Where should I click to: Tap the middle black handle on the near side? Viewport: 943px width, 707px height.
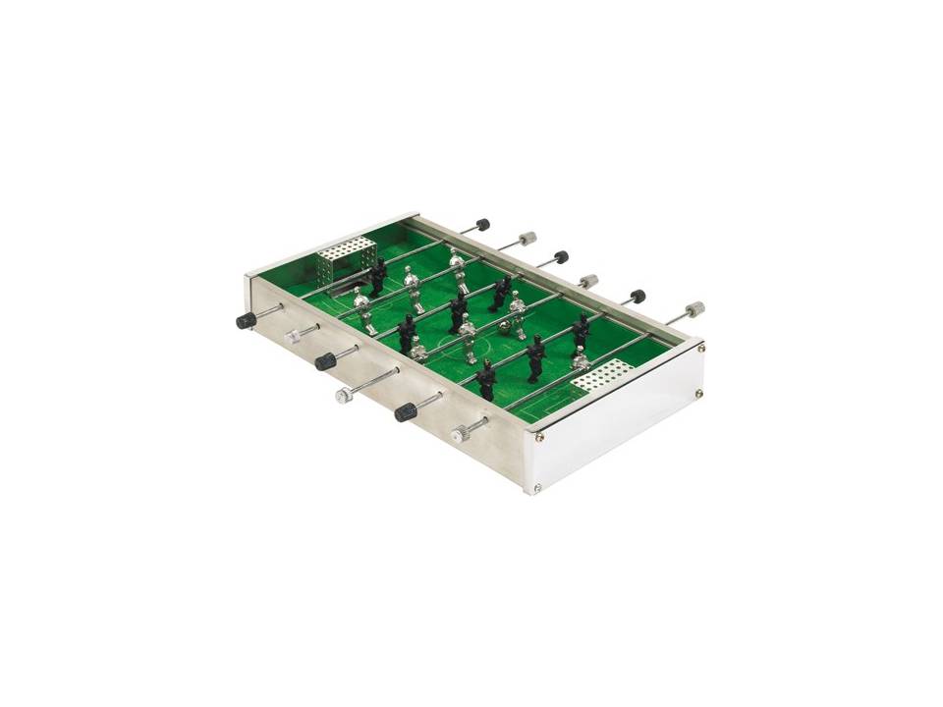(x=324, y=361)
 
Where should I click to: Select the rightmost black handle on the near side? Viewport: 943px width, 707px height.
(x=405, y=412)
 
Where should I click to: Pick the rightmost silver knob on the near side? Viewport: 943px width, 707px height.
(x=459, y=433)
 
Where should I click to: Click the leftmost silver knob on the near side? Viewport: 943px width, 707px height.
(x=292, y=336)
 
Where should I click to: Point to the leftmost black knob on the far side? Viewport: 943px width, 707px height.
(x=481, y=225)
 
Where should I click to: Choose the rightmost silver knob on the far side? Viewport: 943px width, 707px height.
(x=694, y=309)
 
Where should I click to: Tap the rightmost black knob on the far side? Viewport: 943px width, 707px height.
(x=637, y=296)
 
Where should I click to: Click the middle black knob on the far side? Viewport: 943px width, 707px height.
(x=561, y=257)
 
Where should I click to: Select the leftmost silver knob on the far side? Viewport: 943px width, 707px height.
(x=527, y=238)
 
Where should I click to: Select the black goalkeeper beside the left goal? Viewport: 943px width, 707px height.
(x=377, y=277)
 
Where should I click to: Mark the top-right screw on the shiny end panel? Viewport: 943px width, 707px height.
(x=700, y=346)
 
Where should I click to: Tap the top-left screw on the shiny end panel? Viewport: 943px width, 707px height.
(x=538, y=424)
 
